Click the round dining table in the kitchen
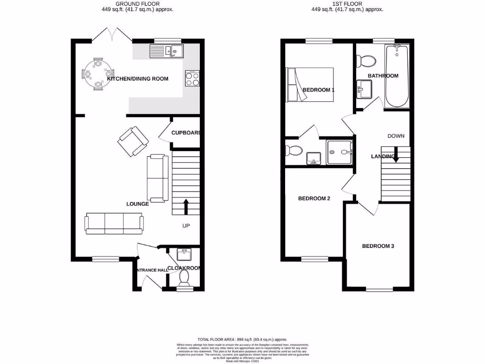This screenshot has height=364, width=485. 98,73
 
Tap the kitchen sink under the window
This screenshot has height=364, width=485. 166,50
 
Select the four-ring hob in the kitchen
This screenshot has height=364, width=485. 192,78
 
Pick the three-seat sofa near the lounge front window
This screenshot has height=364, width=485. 114,224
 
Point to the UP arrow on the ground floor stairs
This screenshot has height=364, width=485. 185,207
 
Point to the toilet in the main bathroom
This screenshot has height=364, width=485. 366,60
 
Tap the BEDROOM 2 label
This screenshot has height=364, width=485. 314,199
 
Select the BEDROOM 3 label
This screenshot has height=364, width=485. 378,246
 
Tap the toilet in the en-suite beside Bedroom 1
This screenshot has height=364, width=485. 294,151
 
